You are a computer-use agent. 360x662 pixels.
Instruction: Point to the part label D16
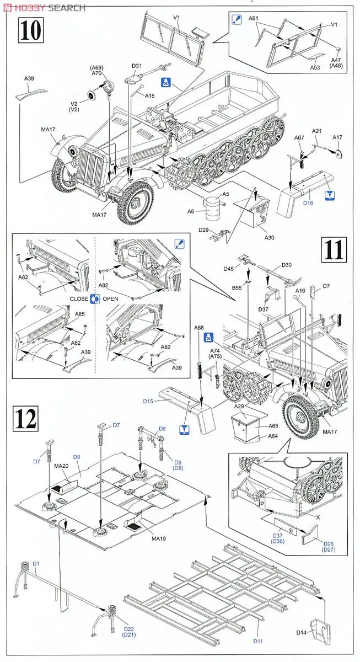pyautogui.click(x=308, y=204)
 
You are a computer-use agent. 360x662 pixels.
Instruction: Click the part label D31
pyautogui.click(x=137, y=67)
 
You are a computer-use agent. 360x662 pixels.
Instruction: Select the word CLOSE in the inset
pyautogui.click(x=79, y=298)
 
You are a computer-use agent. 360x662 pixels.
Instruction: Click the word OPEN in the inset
pyautogui.click(x=110, y=298)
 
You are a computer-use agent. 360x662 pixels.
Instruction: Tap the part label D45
pyautogui.click(x=229, y=269)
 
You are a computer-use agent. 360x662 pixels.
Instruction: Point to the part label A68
pyautogui.click(x=198, y=328)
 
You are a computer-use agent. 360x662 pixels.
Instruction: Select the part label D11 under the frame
pyautogui.click(x=258, y=641)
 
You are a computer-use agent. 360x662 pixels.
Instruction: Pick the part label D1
pyautogui.click(x=36, y=563)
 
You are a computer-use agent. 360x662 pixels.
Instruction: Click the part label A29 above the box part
pyautogui.click(x=239, y=405)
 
